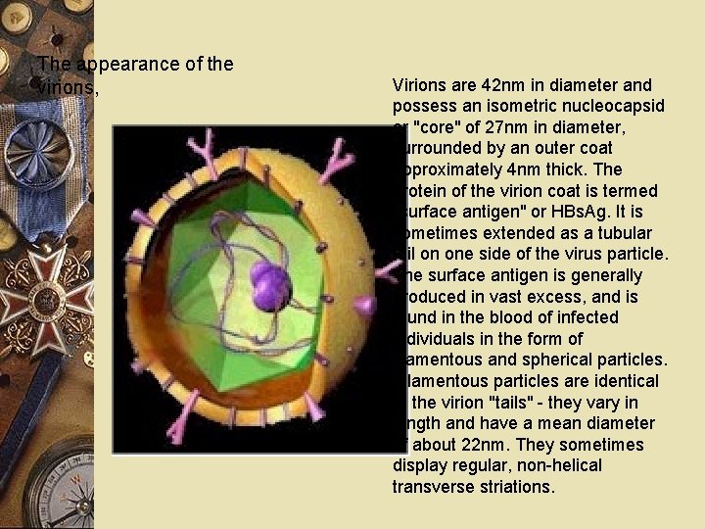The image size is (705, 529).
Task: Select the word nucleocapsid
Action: [599, 105]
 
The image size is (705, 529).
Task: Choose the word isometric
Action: [513, 105]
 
